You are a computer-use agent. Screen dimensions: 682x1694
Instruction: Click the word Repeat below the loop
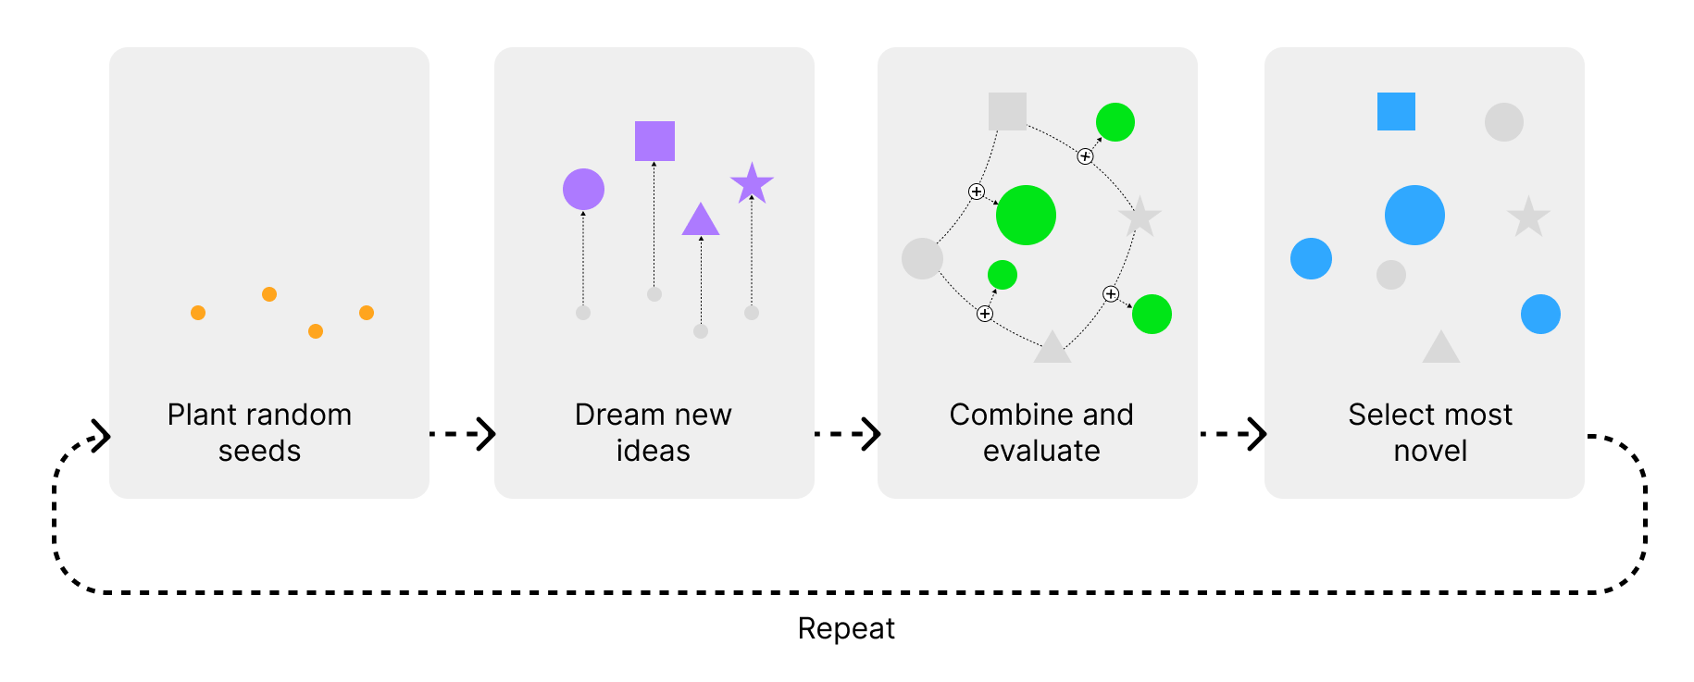846,629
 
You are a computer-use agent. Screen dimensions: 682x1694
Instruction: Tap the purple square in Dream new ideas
654,141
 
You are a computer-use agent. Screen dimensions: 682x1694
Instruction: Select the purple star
752,183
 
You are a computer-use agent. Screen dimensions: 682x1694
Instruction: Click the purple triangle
701,221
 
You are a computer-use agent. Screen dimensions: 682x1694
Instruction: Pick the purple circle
583,190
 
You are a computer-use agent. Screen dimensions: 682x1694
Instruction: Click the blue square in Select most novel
1396,112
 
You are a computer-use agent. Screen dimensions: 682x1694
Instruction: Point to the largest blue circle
1414,215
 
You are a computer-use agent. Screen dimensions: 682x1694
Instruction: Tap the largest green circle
1026,215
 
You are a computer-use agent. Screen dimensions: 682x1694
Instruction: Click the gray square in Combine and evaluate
1007,111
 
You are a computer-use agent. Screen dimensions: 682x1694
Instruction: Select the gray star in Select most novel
1528,217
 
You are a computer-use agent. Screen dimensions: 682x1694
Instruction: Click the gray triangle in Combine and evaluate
1053,349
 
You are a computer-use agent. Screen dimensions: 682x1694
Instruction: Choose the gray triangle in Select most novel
1441,349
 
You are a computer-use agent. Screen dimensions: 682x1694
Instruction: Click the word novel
1430,451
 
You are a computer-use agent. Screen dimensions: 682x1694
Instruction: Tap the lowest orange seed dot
316,331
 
